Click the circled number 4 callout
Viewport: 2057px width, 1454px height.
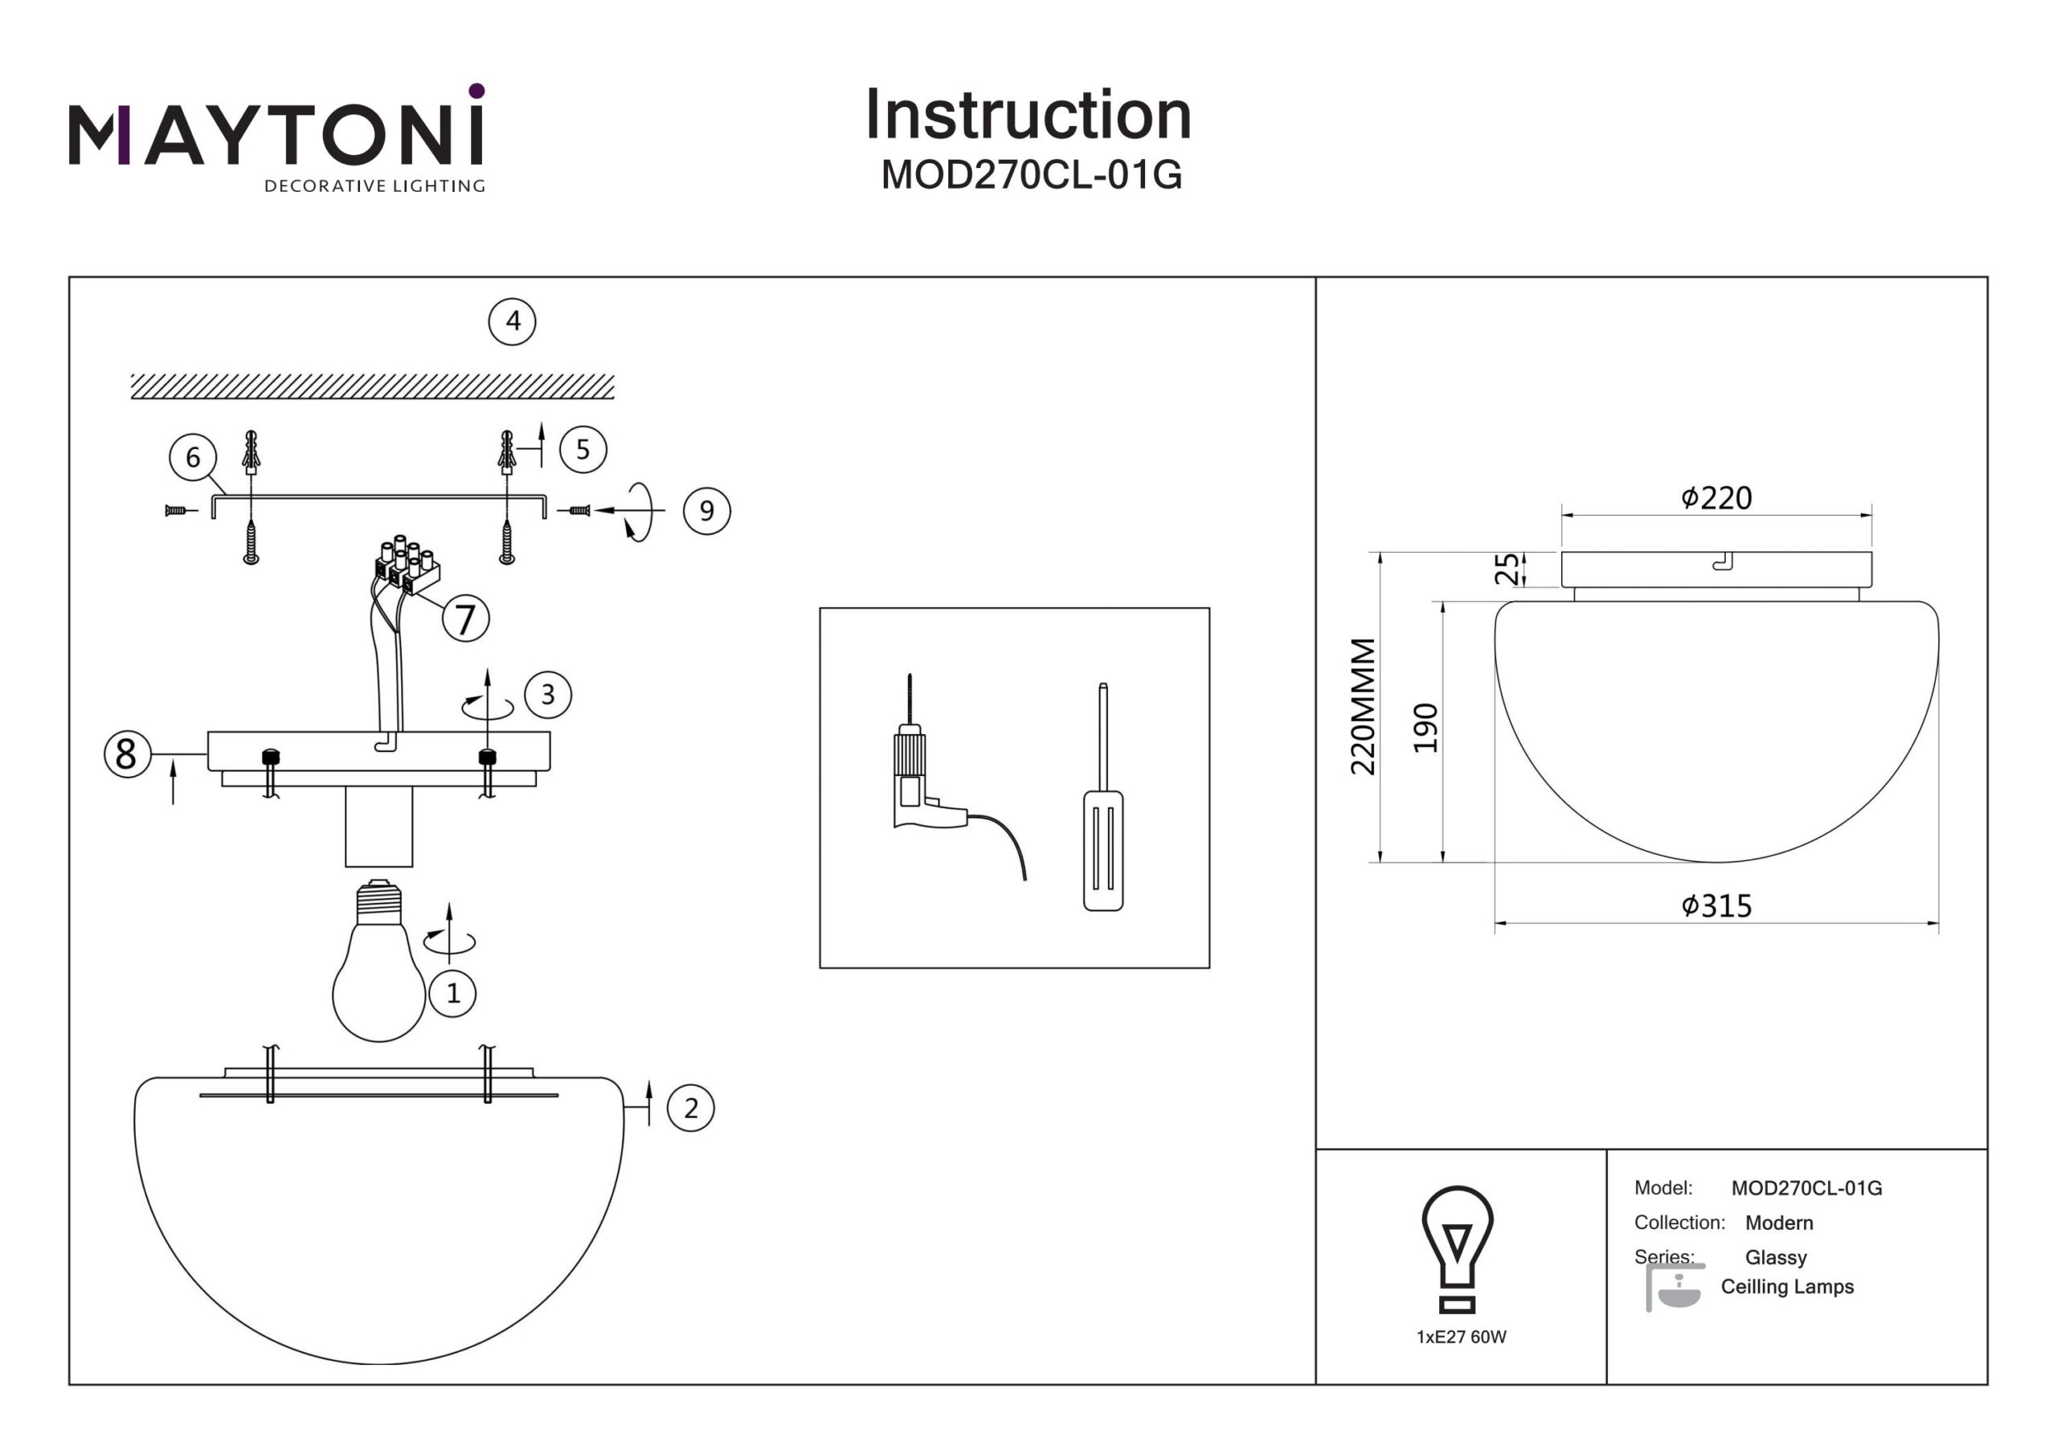(x=513, y=321)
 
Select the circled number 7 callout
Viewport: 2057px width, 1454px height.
(x=465, y=619)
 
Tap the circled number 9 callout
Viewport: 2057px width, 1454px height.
(x=707, y=512)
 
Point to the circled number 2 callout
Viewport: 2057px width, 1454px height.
(x=691, y=1109)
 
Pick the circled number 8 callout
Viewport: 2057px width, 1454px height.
(x=127, y=754)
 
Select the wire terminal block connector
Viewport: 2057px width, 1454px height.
(x=407, y=566)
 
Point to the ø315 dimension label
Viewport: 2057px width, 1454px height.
(x=1716, y=905)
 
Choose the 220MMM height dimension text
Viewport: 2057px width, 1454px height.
(x=1364, y=707)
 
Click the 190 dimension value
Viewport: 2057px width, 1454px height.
(x=1425, y=728)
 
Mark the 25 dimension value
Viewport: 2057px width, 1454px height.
(x=1508, y=568)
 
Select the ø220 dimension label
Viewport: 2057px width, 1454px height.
(x=1716, y=498)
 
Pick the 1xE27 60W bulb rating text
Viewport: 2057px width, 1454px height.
(x=1462, y=1337)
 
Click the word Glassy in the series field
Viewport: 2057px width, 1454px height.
(x=1776, y=1257)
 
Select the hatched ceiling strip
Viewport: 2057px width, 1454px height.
(x=373, y=386)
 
